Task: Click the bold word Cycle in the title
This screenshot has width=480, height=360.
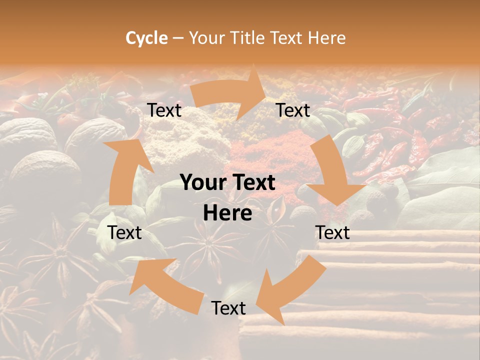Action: (146, 38)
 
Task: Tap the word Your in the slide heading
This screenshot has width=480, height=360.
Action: (206, 38)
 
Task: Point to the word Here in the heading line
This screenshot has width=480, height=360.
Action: (326, 38)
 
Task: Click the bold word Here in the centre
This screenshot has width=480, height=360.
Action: (227, 213)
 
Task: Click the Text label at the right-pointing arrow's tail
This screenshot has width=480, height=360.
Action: (164, 110)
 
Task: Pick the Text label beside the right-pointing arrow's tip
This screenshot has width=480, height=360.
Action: (293, 110)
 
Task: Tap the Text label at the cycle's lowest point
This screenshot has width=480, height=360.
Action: (228, 308)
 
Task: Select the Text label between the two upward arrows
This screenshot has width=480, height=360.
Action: (125, 232)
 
